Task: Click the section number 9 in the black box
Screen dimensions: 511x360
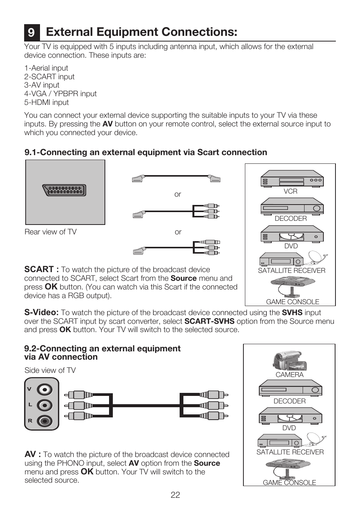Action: coord(31,32)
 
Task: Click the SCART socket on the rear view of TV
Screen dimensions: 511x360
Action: coord(65,190)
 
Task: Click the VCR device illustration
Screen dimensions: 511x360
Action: coord(292,179)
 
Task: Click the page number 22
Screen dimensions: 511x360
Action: coord(175,495)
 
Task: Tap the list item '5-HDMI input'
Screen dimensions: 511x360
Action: coord(46,102)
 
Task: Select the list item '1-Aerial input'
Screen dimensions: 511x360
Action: coord(46,68)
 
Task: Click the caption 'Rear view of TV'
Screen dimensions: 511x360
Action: coord(51,232)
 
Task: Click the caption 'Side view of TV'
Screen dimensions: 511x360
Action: coord(50,370)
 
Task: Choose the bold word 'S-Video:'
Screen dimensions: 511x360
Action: coord(41,312)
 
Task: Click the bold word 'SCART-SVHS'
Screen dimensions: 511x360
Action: coord(209,321)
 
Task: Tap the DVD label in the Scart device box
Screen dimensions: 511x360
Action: coord(291,246)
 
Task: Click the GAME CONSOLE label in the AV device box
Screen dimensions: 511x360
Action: coord(289,482)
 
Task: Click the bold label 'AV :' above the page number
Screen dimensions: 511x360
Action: coord(32,454)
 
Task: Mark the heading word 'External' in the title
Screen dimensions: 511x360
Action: coord(69,32)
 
